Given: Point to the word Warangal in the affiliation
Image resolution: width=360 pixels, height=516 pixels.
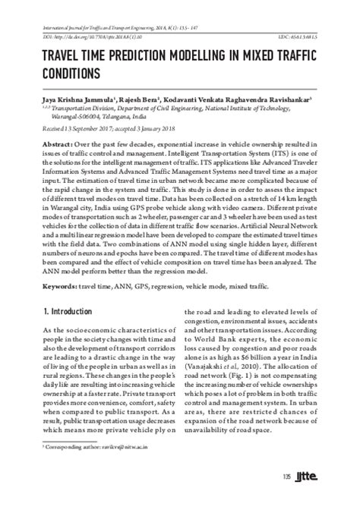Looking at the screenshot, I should (x=68, y=118).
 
